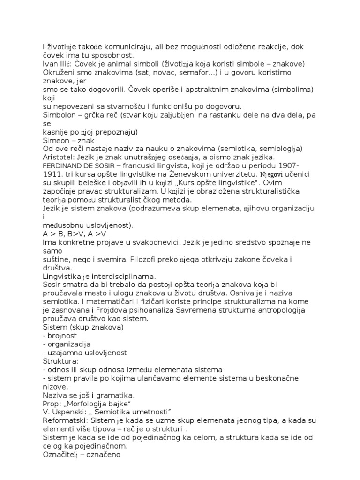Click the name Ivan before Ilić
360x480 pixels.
49,64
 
